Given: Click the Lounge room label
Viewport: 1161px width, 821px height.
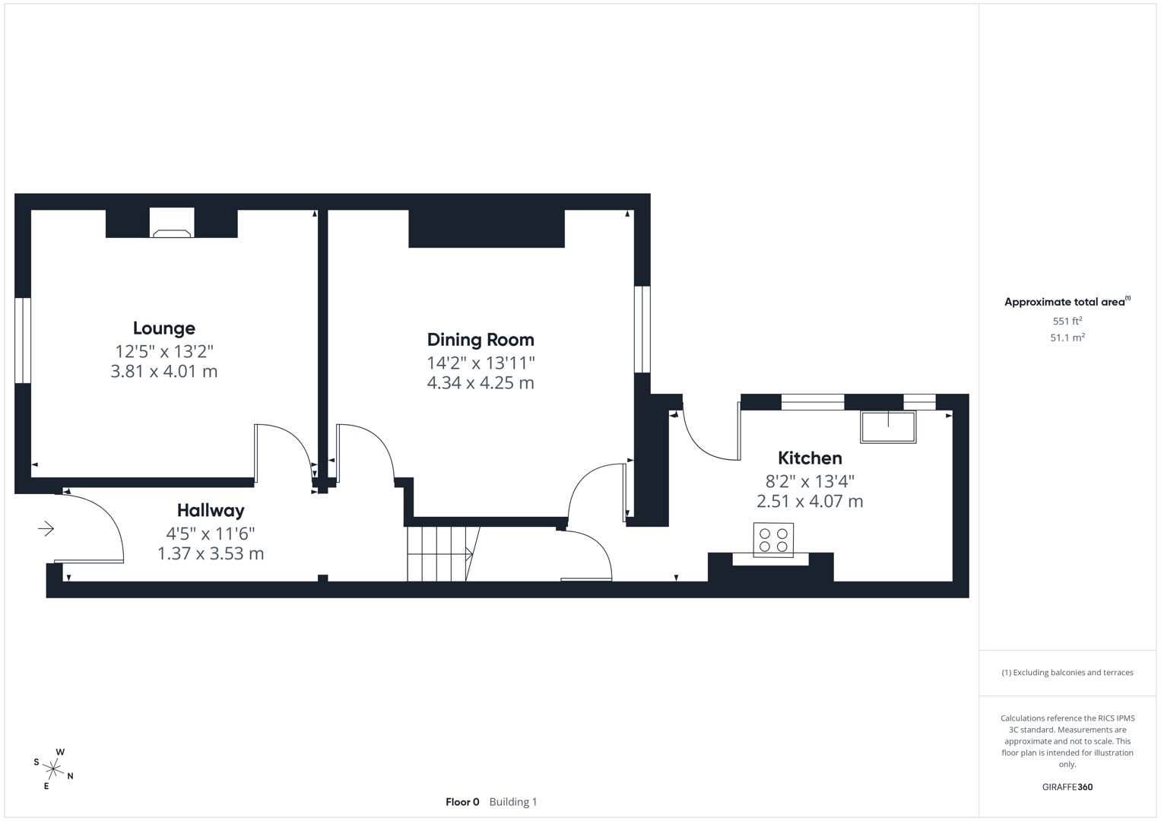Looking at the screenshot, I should click(x=163, y=328).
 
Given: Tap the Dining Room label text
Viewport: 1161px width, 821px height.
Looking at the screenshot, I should click(x=480, y=340).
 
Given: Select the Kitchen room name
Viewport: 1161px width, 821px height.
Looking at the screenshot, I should click(x=809, y=458).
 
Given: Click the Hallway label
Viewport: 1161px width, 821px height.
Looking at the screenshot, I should click(x=211, y=511).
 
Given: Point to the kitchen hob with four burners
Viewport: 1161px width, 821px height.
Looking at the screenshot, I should click(x=773, y=540).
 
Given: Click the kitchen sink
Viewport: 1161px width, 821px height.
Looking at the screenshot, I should click(x=887, y=426).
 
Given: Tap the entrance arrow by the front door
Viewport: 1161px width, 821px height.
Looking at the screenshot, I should click(x=46, y=528).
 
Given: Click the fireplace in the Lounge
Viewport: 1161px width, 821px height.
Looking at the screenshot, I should click(x=172, y=224).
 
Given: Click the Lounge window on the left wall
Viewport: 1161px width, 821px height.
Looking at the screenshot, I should click(x=23, y=341).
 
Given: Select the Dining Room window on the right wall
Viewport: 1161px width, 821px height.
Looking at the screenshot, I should click(x=642, y=329).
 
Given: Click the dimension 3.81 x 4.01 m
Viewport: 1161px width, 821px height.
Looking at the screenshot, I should click(x=163, y=372).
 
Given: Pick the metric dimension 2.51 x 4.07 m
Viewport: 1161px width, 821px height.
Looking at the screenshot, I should click(x=809, y=502).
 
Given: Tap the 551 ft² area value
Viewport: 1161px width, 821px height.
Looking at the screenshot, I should click(x=1067, y=322).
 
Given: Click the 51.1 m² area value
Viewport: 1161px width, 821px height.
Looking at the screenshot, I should click(x=1067, y=338).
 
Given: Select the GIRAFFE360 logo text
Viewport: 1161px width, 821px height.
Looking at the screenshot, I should click(x=1067, y=787).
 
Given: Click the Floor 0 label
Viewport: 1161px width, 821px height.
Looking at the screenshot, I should click(x=462, y=802).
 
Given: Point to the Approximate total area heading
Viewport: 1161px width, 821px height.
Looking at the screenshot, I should click(x=1066, y=302).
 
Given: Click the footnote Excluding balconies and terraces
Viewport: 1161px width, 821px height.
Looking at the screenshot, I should click(x=1067, y=673).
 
